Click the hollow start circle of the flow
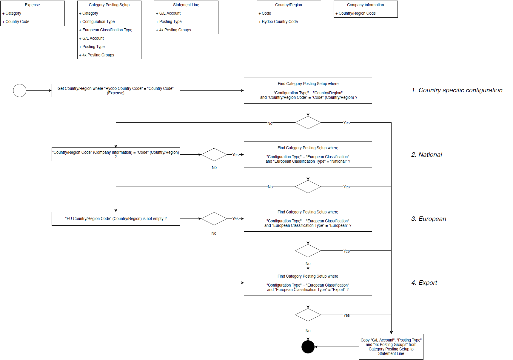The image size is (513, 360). (20, 90)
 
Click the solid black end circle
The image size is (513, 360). (308, 347)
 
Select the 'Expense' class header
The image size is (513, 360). (32, 5)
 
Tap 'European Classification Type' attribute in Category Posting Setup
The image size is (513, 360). (107, 30)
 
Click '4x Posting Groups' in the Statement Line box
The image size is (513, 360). (175, 30)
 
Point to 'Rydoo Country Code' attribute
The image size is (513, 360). (280, 21)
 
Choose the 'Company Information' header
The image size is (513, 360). (365, 5)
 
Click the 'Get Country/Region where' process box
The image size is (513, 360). (115, 90)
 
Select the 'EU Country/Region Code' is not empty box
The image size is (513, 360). (115, 219)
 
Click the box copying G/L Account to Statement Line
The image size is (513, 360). (391, 347)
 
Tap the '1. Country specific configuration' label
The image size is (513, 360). (457, 90)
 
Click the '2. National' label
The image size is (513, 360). (426, 155)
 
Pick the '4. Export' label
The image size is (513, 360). (424, 283)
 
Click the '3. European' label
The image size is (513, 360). (429, 219)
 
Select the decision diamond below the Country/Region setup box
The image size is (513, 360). (308, 123)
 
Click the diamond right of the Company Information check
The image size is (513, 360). (214, 155)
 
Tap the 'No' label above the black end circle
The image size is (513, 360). (308, 331)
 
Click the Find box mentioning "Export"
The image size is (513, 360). (308, 283)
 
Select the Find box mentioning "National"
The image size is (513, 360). (308, 154)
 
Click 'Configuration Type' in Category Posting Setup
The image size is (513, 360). (98, 21)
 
